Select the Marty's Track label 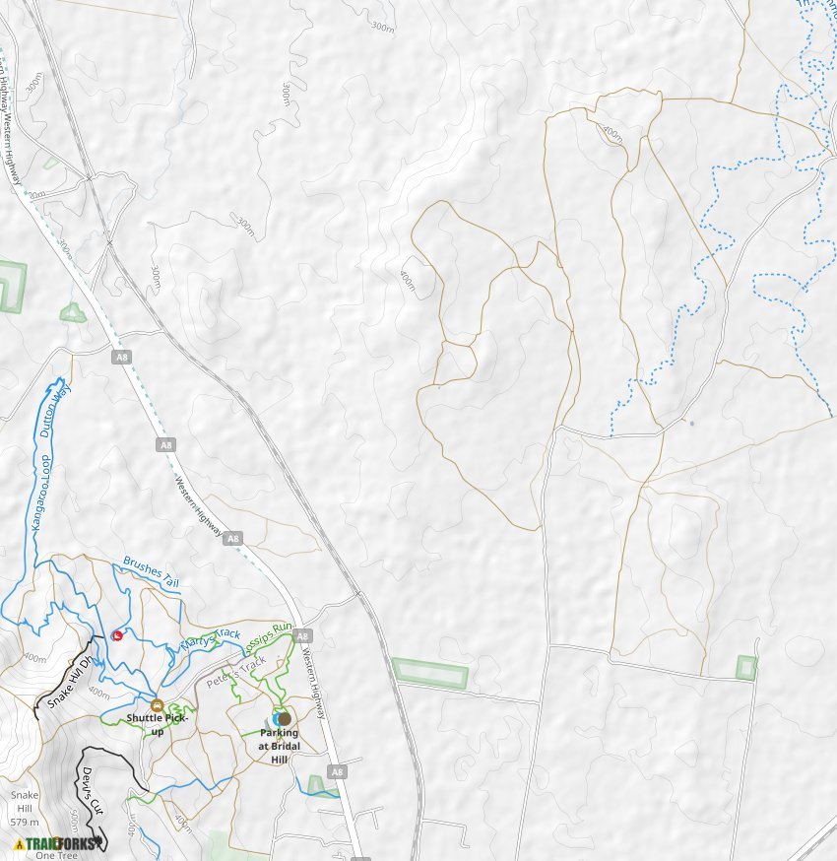210,639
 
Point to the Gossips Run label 268,634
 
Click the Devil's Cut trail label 92,789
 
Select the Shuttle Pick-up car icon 157,705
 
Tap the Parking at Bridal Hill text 279,746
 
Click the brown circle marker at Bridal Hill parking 285,719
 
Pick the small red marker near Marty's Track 118,635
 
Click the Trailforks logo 59,843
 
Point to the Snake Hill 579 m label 25,808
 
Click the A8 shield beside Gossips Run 303,635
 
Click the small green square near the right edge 747,668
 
